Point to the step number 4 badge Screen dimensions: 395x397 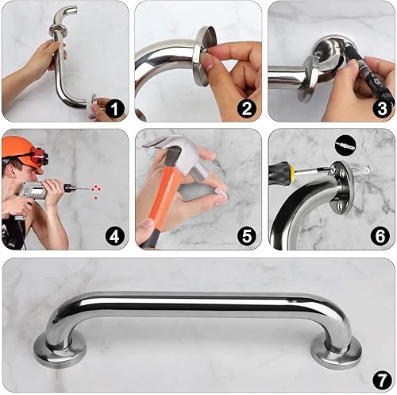click(116, 235)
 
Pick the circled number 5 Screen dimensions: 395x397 click(247, 235)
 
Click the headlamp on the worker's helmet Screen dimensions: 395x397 click(37, 156)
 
